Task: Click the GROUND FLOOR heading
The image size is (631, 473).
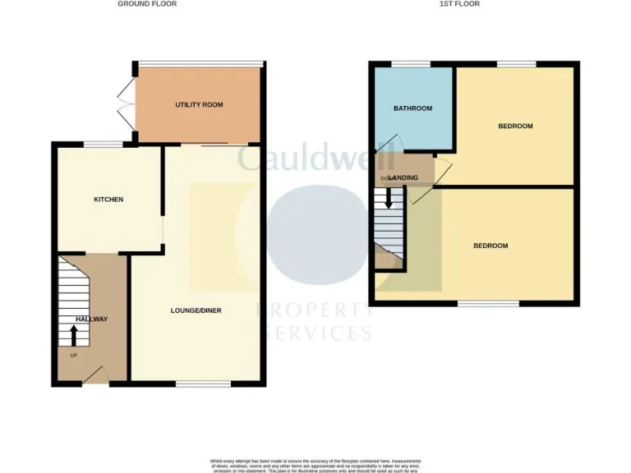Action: (x=147, y=4)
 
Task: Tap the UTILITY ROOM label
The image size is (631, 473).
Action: (x=199, y=105)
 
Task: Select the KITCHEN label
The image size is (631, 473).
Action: (x=108, y=200)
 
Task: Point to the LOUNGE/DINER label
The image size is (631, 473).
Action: (x=196, y=310)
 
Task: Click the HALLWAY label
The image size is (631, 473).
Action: (x=92, y=319)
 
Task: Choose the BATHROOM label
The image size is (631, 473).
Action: (x=412, y=108)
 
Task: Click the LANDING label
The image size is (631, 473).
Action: (x=406, y=178)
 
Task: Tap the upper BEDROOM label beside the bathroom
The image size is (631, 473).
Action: (x=515, y=126)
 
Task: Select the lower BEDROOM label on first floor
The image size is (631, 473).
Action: (x=491, y=246)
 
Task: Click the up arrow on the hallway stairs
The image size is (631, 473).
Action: (x=73, y=335)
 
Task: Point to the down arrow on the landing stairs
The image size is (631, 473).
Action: (x=389, y=199)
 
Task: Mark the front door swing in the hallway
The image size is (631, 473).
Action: (x=96, y=374)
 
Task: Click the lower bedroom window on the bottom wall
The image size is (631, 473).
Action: (x=488, y=304)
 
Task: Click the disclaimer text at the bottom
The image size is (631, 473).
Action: (x=315, y=466)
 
